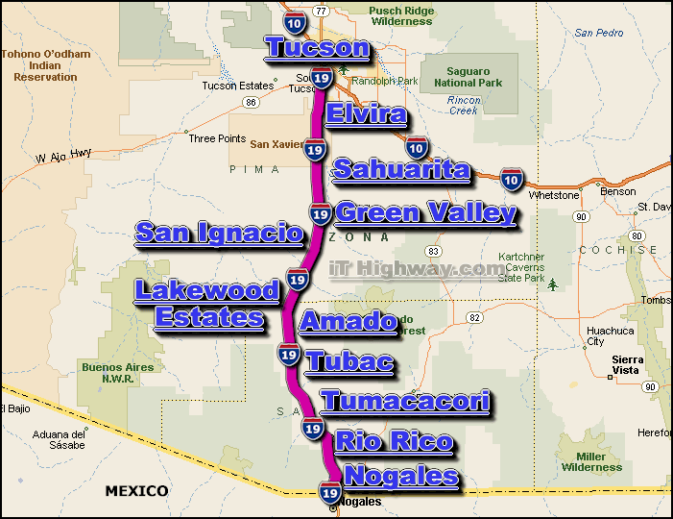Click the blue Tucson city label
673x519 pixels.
click(316, 47)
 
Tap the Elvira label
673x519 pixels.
click(366, 115)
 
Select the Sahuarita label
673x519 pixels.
click(401, 171)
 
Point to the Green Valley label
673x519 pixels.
click(425, 212)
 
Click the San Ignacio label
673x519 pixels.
click(219, 232)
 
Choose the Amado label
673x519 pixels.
click(348, 321)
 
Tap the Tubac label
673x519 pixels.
click(349, 361)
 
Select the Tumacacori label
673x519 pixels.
click(404, 401)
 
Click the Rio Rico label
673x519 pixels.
click(394, 441)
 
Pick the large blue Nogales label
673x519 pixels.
click(400, 476)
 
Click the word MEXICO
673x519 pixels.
click(136, 491)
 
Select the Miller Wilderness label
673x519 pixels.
click(592, 462)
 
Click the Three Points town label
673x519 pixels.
click(215, 138)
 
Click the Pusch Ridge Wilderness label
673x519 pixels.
click(401, 15)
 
